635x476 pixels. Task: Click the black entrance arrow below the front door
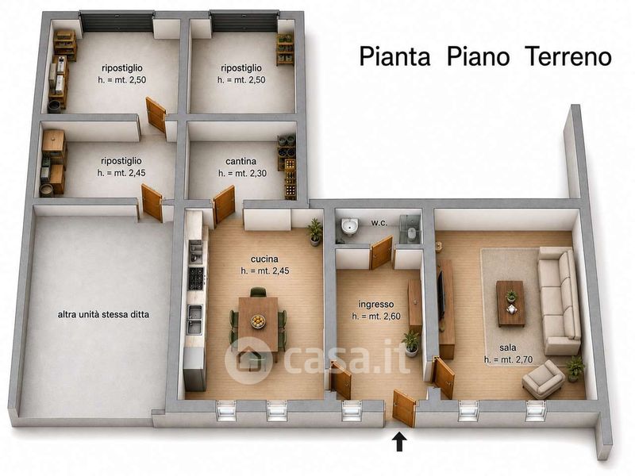(x=400, y=442)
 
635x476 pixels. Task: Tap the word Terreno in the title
(x=568, y=56)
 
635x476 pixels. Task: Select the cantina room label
(x=241, y=162)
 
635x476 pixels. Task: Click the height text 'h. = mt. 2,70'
(x=508, y=359)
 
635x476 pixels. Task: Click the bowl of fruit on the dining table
(x=259, y=321)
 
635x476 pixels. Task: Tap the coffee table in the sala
(x=510, y=304)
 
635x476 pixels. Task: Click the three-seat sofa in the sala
(x=559, y=301)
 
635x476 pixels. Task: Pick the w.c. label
(x=379, y=223)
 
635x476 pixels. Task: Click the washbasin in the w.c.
(x=349, y=227)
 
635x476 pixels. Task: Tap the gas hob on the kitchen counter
(x=196, y=278)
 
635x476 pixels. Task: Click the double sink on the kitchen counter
(x=195, y=320)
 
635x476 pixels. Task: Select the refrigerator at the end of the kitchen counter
(x=194, y=368)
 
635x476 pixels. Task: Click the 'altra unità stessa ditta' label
(x=103, y=314)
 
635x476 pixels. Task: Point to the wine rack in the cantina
(x=291, y=178)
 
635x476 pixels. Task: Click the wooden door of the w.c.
(x=382, y=253)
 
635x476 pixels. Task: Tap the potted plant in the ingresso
(x=410, y=344)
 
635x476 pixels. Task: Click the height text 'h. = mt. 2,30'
(x=243, y=174)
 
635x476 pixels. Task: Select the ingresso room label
(x=375, y=305)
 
